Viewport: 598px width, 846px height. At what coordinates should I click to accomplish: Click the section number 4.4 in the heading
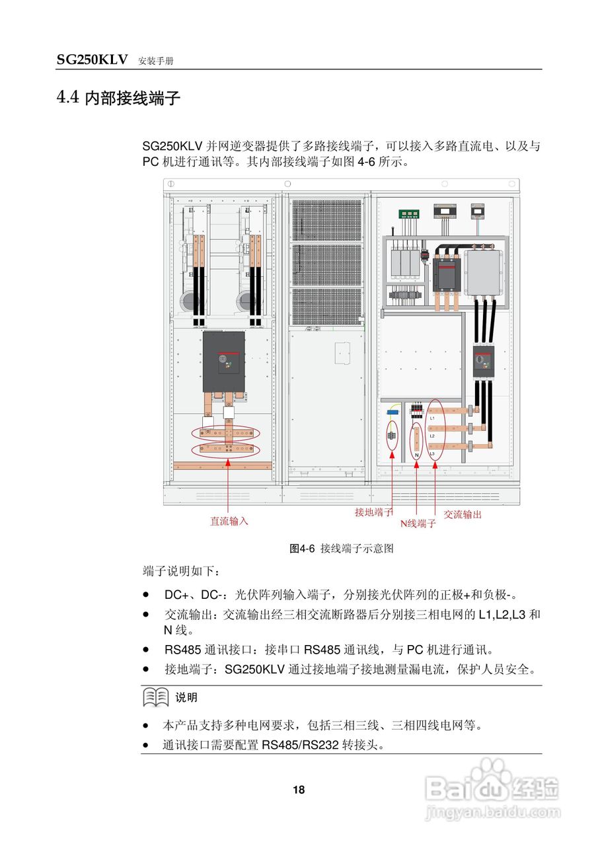68,98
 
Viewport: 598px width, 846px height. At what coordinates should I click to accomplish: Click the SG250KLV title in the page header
92,60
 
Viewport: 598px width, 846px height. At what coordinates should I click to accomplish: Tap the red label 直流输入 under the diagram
229,521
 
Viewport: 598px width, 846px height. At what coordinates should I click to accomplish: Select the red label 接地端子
373,512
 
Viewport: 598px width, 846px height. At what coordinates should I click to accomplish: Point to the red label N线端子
418,524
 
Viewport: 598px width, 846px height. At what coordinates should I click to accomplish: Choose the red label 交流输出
463,514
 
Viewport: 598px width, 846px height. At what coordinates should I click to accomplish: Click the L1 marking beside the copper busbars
432,418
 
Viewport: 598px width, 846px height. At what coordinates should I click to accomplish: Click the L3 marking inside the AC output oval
432,454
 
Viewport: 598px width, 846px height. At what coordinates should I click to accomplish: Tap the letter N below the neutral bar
417,455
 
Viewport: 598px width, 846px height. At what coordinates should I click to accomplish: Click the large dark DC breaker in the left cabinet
223,361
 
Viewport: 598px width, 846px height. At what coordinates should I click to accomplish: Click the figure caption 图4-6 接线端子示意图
342,549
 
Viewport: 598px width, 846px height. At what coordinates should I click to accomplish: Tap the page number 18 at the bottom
299,790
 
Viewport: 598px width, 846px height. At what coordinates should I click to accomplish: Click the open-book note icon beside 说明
156,697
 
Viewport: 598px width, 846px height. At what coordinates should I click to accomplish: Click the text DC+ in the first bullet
175,595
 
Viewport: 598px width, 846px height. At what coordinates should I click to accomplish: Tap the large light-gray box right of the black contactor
484,272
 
